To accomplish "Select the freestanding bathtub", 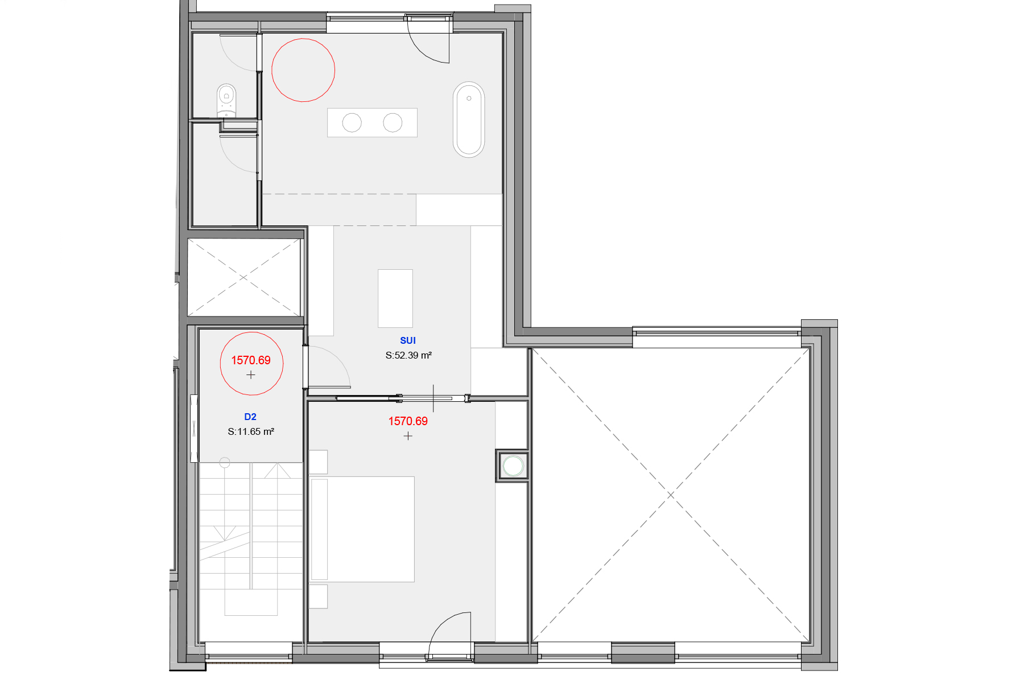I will pos(469,120).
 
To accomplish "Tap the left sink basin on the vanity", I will pos(352,122).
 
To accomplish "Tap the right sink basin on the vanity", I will pos(393,122).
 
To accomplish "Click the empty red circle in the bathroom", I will pos(303,70).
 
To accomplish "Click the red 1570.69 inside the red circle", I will pos(251,360).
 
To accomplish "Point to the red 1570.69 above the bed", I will pos(408,421).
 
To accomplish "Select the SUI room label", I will pos(408,340).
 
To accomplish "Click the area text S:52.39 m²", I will pos(408,355).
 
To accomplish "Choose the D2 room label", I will pos(250,417).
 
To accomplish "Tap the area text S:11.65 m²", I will pos(251,431).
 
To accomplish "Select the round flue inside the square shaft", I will pos(513,466).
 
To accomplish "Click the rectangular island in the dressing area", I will pos(395,298).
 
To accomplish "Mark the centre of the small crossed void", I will pos(243,277).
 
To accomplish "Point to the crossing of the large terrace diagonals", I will pos(671,495).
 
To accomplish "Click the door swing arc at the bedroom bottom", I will pos(441,626).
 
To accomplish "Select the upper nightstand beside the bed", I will pos(319,462).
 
